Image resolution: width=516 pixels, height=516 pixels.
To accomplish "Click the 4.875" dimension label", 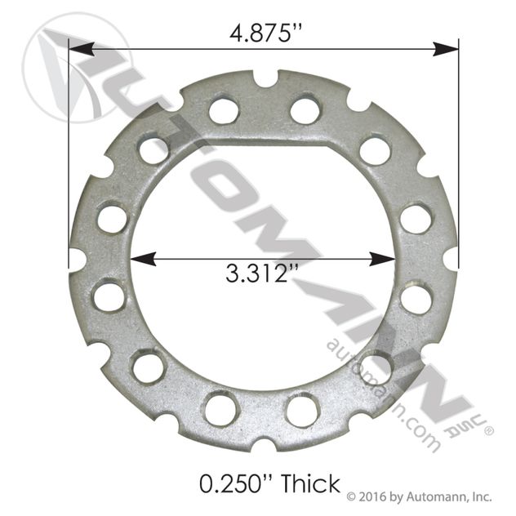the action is (265, 33).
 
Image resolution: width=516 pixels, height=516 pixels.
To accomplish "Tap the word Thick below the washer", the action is (310, 483).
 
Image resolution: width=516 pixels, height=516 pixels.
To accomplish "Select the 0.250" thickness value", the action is (237, 483).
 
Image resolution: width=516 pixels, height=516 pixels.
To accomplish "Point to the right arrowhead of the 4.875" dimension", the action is (446, 49).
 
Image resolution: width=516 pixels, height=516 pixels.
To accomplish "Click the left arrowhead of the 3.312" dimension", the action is (144, 259).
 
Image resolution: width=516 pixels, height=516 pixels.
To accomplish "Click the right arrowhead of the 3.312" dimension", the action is (382, 259).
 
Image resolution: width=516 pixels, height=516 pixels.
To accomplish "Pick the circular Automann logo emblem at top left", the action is (77, 68).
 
